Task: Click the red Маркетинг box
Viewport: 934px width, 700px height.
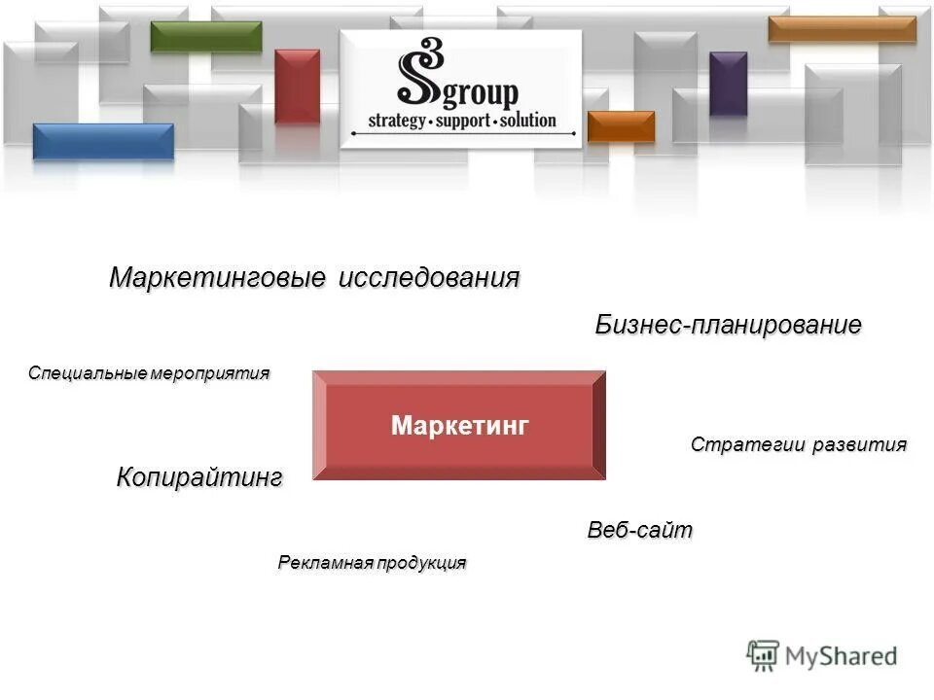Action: (458, 425)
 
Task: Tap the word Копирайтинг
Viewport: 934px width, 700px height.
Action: (199, 477)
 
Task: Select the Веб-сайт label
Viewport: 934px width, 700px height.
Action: (639, 531)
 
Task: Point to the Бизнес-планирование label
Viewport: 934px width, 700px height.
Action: (728, 326)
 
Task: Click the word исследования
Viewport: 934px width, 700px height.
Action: (428, 278)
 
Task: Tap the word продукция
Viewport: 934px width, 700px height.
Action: (423, 563)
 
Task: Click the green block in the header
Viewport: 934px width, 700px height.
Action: (206, 36)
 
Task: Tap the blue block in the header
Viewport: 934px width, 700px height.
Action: (103, 141)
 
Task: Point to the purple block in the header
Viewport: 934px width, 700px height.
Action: (728, 83)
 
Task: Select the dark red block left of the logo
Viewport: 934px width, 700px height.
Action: (297, 86)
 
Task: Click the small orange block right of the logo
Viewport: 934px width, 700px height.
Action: (621, 126)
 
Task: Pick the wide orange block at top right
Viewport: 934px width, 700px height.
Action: (842, 29)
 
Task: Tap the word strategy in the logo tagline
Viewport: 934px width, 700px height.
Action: (397, 122)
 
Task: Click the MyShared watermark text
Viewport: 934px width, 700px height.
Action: (842, 656)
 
